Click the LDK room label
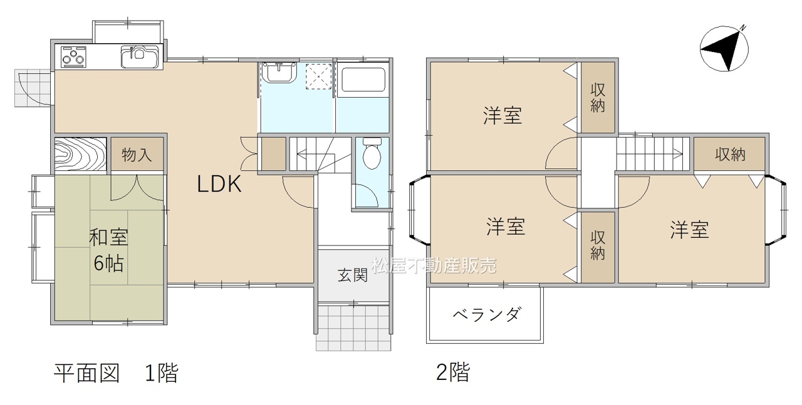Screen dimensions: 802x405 (x=219, y=184)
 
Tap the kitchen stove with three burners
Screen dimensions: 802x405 (x=74, y=57)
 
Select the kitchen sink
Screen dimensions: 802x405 (x=140, y=56)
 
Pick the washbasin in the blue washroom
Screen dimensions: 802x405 (x=279, y=72)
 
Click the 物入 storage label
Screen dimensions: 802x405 (x=137, y=155)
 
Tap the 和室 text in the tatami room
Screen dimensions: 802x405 (x=108, y=237)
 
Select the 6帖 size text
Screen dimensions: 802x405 (x=108, y=263)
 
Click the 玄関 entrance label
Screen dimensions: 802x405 (x=353, y=275)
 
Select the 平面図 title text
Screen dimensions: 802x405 (x=86, y=373)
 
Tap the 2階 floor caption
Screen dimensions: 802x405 (x=453, y=372)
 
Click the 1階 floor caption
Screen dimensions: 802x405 (x=161, y=373)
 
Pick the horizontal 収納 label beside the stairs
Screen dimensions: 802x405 (x=731, y=155)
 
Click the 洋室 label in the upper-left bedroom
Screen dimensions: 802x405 (x=503, y=116)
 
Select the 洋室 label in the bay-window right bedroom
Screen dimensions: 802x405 (x=689, y=230)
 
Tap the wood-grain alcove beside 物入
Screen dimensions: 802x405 (x=81, y=155)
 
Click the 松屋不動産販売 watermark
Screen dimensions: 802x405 (x=434, y=265)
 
